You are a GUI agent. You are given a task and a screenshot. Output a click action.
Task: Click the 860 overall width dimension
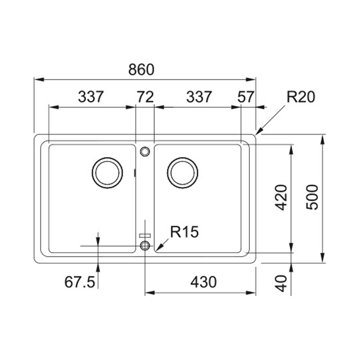pos(141,70)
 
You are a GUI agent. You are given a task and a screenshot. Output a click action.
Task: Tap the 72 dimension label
pos(145,97)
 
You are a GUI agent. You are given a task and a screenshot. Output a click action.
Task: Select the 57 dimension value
pos(246,97)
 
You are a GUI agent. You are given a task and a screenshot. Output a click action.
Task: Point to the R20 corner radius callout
pos(301,97)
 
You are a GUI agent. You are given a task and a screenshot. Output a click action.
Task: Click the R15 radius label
pos(184,232)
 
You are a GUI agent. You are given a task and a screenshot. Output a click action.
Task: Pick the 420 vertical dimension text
pos(281,198)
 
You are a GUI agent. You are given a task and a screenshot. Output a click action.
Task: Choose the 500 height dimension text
pos(312,197)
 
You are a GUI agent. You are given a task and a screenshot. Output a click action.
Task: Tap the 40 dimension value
pos(281,283)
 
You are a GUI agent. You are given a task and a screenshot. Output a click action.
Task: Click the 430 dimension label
pos(203,282)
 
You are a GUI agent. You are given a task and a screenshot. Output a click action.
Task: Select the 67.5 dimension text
pos(80,282)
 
